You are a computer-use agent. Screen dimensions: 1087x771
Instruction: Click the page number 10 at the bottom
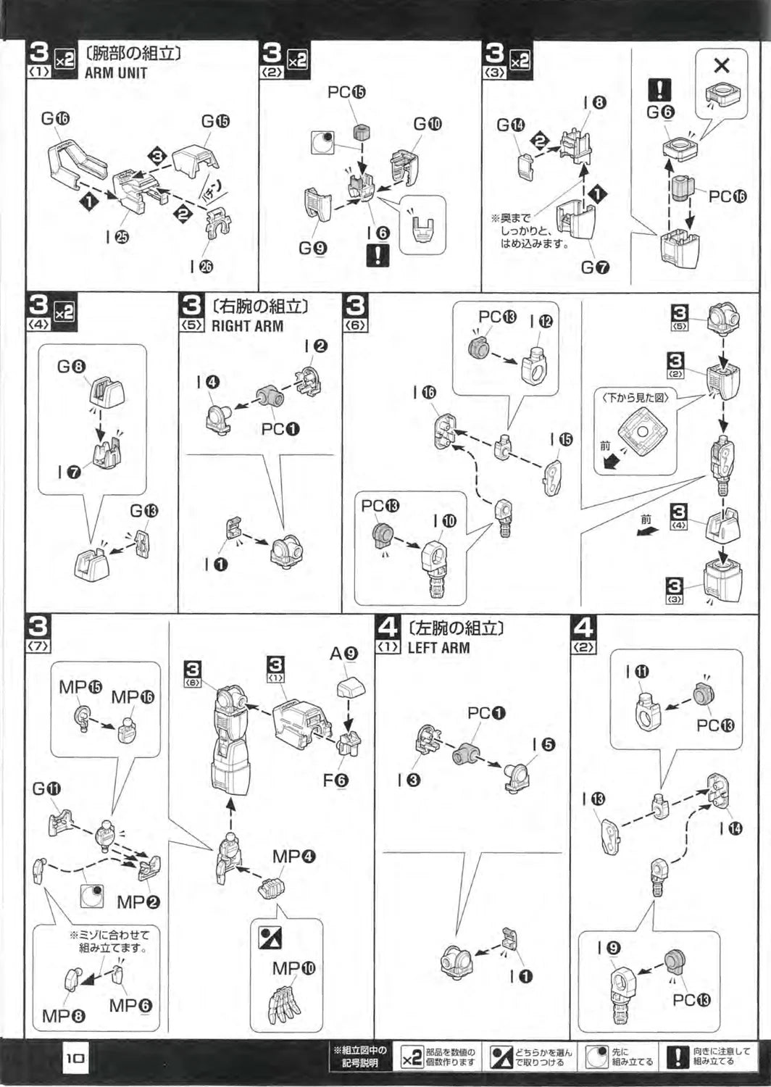tap(76, 1058)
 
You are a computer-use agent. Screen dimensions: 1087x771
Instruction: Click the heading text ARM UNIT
tap(116, 73)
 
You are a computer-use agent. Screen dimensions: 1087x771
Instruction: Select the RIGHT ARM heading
tap(247, 326)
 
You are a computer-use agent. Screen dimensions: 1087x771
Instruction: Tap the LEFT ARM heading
tap(438, 647)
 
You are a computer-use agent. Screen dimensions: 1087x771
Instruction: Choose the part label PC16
tap(727, 196)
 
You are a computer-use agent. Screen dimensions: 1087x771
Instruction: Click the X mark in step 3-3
tap(721, 66)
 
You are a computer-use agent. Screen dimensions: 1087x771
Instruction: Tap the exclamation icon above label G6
tap(659, 90)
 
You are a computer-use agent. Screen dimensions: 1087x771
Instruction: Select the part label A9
tap(343, 654)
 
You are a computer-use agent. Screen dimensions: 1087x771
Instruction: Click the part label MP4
tap(293, 856)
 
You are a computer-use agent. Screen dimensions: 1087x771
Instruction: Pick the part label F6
tap(336, 780)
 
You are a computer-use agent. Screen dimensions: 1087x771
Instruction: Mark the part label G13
tap(143, 511)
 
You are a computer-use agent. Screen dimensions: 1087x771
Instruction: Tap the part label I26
tap(201, 266)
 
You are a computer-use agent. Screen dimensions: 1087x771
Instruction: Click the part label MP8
tap(63, 1016)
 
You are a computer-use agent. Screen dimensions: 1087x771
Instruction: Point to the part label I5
tap(543, 744)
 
